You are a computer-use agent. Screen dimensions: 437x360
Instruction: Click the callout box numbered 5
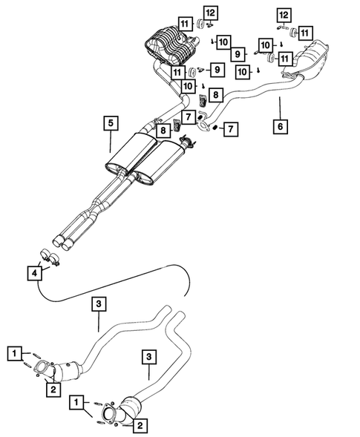click(109, 123)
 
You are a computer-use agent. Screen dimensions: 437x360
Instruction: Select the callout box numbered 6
click(281, 127)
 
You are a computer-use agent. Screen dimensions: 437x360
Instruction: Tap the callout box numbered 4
click(34, 273)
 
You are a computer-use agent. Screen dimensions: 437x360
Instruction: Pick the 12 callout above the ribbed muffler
click(190, 12)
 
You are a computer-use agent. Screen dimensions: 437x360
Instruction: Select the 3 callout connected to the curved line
click(99, 303)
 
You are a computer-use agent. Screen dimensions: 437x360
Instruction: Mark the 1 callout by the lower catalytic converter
click(76, 402)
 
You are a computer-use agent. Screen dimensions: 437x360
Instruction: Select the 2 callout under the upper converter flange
click(53, 386)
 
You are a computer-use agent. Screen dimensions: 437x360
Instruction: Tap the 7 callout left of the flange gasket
click(190, 117)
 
